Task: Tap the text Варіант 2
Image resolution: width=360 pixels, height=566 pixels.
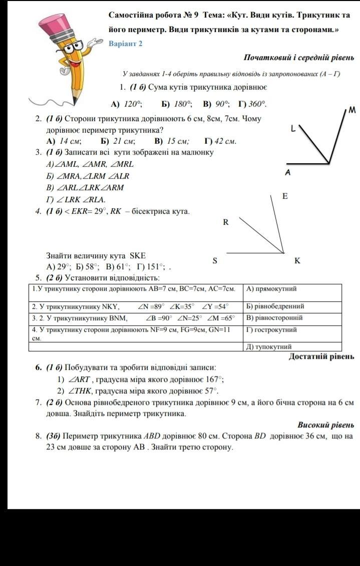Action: pyautogui.click(x=126, y=44)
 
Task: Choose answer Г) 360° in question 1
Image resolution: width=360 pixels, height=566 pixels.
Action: pyautogui.click(x=252, y=104)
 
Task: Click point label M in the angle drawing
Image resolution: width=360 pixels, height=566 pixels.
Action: pyautogui.click(x=352, y=110)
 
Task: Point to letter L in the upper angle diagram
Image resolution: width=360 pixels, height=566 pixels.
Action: pyautogui.click(x=293, y=129)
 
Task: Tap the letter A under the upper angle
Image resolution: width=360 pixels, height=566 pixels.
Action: pyautogui.click(x=288, y=173)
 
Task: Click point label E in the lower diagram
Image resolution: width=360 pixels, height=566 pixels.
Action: pyautogui.click(x=285, y=197)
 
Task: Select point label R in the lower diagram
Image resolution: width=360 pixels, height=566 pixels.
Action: pyautogui.click(x=226, y=222)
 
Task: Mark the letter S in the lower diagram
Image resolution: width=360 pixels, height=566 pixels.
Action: pyautogui.click(x=215, y=261)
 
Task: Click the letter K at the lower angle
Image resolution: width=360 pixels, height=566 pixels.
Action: pyautogui.click(x=297, y=261)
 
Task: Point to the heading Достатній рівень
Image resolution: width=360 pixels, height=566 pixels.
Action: pyautogui.click(x=322, y=356)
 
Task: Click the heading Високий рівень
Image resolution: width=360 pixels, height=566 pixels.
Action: pyautogui.click(x=326, y=425)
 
